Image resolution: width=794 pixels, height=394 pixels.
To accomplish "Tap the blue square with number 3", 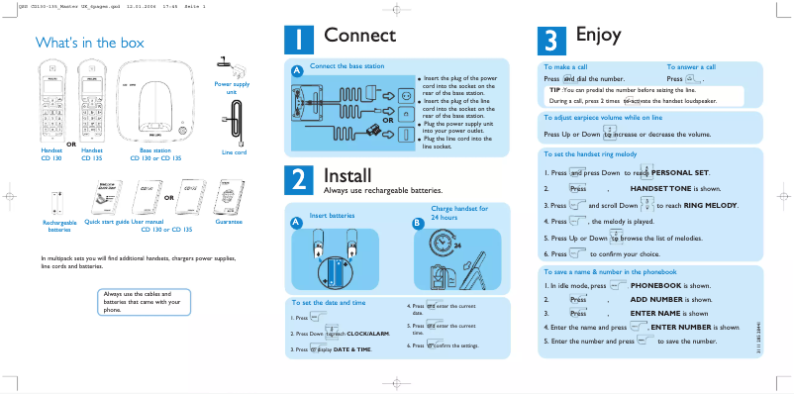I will pos(549,40).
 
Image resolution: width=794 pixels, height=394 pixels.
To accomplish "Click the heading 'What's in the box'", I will pos(89,43).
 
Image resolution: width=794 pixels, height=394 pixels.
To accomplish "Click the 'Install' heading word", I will pos(347,175).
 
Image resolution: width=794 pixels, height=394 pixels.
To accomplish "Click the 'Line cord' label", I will pos(234,152).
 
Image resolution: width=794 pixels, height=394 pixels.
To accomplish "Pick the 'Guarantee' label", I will pos(229,222).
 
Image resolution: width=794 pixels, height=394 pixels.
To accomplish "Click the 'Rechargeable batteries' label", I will pos(59,226).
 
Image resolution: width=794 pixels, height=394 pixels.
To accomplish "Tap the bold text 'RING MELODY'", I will pos(711,205).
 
